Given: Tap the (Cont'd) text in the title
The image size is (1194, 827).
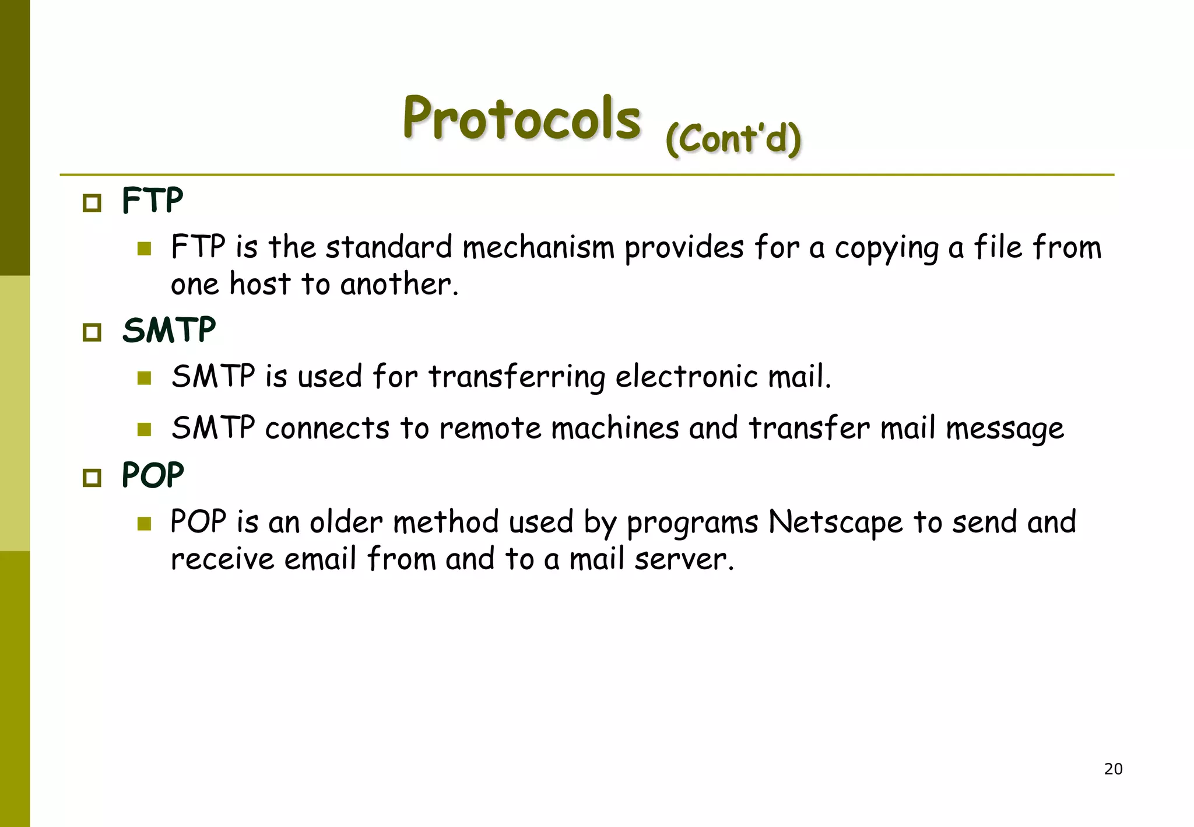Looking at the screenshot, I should [x=733, y=139].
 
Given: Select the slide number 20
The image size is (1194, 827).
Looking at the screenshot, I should [x=1113, y=769].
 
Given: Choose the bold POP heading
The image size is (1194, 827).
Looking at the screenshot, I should [x=153, y=475].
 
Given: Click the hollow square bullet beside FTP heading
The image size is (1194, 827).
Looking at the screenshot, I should [x=92, y=203].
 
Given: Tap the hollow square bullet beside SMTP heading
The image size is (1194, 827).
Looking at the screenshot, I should [x=92, y=332].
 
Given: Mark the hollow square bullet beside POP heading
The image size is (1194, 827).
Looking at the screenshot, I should [x=92, y=478].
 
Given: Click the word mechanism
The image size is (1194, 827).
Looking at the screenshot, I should [x=538, y=247].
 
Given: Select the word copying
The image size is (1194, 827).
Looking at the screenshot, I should [x=886, y=248].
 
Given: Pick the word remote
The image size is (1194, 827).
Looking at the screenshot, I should [x=490, y=429].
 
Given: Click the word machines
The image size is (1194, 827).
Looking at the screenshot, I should [x=615, y=428].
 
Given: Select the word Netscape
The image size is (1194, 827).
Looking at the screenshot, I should [x=835, y=523].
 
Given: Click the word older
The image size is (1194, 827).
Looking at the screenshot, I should [x=346, y=522].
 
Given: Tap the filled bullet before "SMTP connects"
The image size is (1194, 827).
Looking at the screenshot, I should [x=144, y=430].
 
